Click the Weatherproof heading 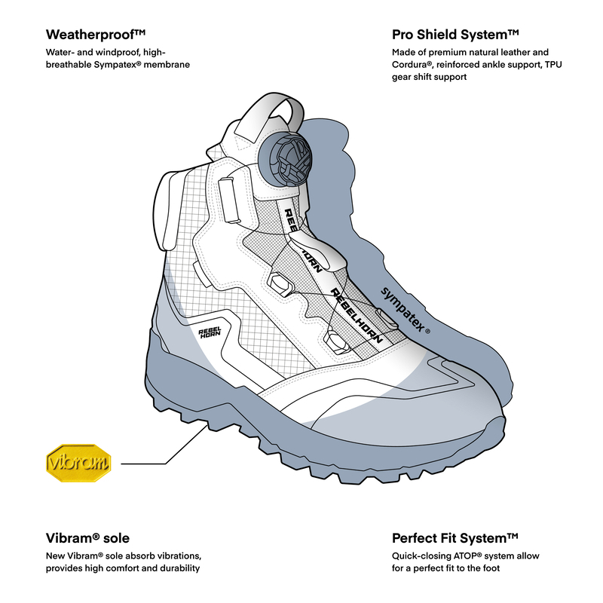pyautogui.click(x=96, y=35)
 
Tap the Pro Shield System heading pyautogui.click(x=455, y=35)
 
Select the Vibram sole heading pyautogui.click(x=87, y=538)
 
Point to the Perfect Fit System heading pyautogui.click(x=455, y=538)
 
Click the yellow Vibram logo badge pyautogui.click(x=78, y=463)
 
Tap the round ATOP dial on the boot pyautogui.click(x=285, y=159)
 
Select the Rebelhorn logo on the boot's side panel pyautogui.click(x=210, y=332)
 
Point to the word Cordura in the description pyautogui.click(x=409, y=65)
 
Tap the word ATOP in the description pyautogui.click(x=467, y=556)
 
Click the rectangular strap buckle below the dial pyautogui.click(x=229, y=200)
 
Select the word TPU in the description pyautogui.click(x=553, y=65)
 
